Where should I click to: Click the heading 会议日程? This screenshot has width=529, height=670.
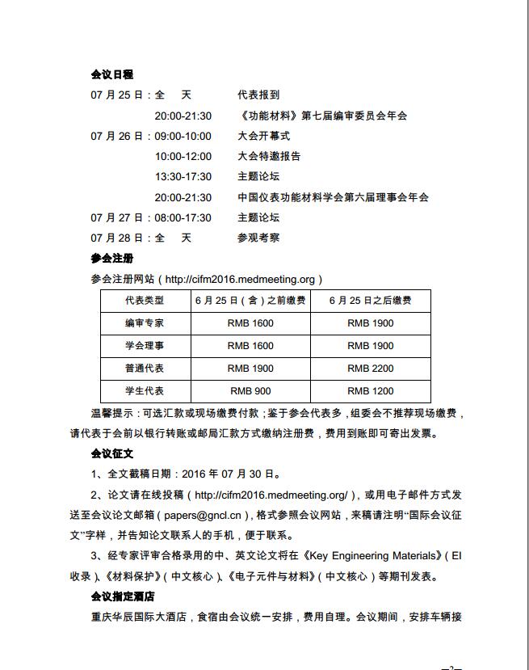click(112, 75)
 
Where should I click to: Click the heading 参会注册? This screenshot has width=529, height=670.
click(112, 259)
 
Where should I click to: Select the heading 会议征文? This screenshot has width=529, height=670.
click(112, 453)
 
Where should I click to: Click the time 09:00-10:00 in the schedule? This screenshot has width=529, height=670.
click(183, 137)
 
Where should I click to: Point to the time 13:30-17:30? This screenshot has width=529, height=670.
click(183, 177)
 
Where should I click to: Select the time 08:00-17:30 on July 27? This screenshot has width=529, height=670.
click(183, 217)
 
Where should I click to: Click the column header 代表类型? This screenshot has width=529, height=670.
click(144, 301)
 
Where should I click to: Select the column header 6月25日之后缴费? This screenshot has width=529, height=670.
click(371, 301)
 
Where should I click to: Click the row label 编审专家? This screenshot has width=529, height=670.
click(144, 323)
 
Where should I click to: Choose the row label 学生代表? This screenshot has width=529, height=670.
click(144, 391)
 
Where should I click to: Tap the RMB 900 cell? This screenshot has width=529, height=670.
click(250, 391)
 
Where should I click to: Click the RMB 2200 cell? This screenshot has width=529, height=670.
click(371, 369)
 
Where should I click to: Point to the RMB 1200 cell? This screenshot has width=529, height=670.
click(371, 391)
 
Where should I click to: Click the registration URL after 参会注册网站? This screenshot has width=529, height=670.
click(240, 280)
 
